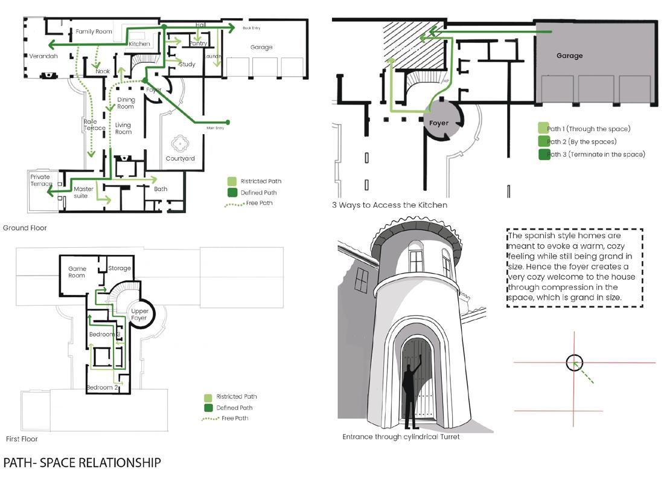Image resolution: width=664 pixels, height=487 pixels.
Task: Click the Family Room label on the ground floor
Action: click(x=94, y=31)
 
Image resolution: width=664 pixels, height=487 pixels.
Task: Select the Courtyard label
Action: click(x=180, y=159)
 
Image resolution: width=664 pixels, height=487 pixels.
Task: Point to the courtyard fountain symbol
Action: click(x=180, y=143)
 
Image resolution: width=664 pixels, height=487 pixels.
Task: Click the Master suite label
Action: click(x=84, y=192)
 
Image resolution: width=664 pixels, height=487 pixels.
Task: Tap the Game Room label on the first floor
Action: click(x=77, y=272)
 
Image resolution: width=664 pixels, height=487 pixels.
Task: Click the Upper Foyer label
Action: click(x=140, y=315)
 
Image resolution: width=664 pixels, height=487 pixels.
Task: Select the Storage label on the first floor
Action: click(x=120, y=268)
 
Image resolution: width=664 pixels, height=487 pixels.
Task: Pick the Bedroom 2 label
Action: click(x=102, y=387)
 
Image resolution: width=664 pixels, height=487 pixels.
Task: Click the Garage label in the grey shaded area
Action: click(x=569, y=56)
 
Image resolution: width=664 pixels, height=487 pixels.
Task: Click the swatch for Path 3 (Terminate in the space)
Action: click(x=543, y=155)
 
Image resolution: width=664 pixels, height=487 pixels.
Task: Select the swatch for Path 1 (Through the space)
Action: click(x=543, y=129)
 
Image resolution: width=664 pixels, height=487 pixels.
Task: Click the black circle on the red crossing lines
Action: click(x=574, y=363)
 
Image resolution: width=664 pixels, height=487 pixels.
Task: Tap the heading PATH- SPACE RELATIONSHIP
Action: click(x=82, y=463)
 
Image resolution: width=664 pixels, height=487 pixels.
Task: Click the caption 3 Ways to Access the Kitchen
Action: click(x=389, y=205)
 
